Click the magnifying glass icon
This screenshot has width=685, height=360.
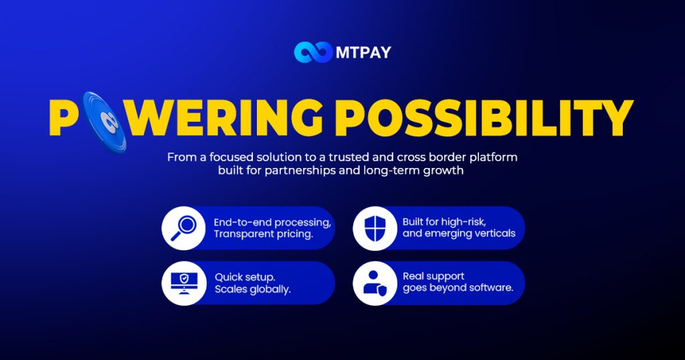(x=183, y=228)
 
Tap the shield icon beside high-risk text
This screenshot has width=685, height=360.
(x=375, y=228)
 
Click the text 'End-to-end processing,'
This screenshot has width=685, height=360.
(x=272, y=222)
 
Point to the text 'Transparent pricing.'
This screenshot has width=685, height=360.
(x=263, y=235)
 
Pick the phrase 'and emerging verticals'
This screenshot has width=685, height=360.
(x=459, y=234)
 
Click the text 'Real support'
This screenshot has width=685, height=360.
(x=433, y=276)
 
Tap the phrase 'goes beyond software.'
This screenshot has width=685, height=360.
(x=458, y=288)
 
